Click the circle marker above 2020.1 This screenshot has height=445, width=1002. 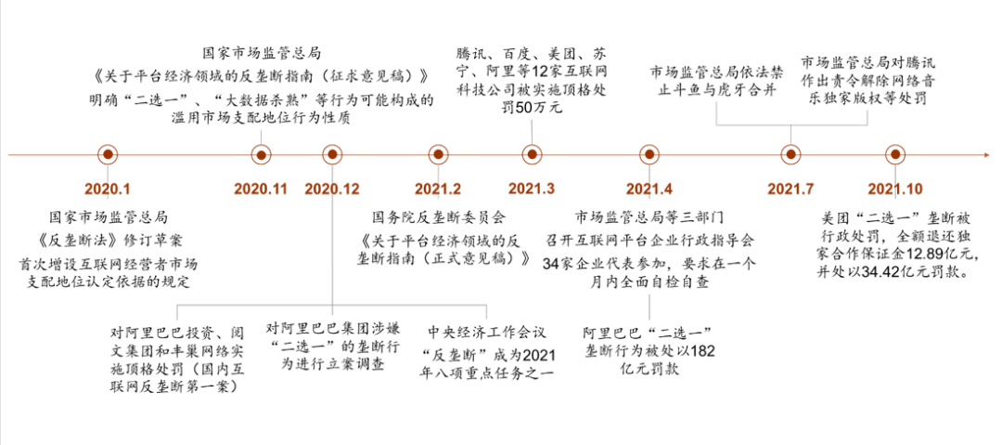(108, 154)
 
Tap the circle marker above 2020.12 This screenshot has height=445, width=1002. (331, 154)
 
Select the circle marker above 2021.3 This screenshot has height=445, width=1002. (532, 154)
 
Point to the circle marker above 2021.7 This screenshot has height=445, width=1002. (791, 154)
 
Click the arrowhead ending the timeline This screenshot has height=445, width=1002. (987, 154)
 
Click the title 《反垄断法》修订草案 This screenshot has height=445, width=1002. (108, 240)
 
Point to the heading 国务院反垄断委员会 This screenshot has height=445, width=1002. (438, 217)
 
